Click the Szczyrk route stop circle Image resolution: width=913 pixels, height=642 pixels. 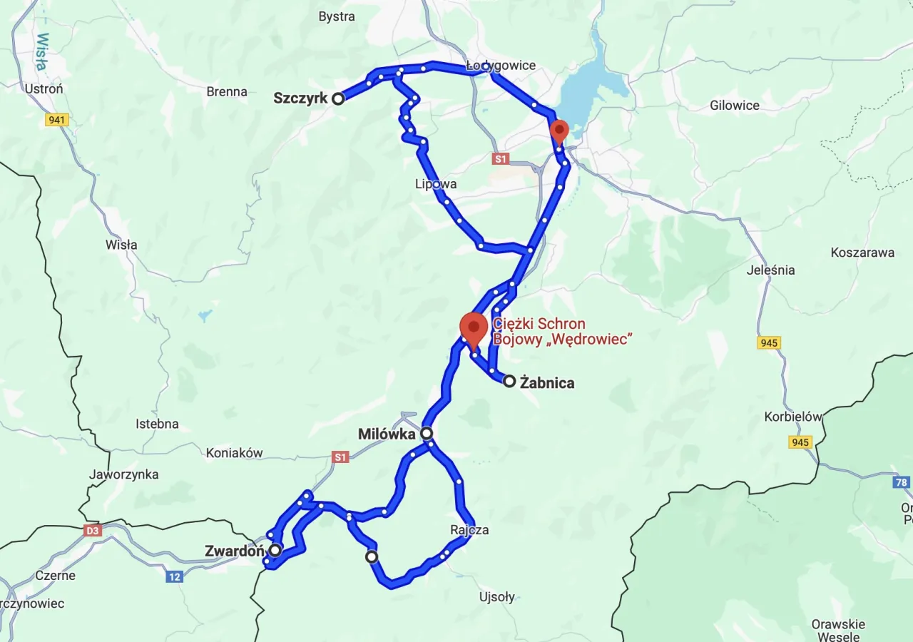pyautogui.click(x=338, y=98)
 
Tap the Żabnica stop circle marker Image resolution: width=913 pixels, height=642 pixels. pyautogui.click(x=509, y=381)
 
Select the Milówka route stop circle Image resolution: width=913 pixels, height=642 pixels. pyautogui.click(x=427, y=433)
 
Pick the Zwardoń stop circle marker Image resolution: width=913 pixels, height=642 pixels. pyautogui.click(x=275, y=550)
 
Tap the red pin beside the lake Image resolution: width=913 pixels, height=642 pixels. pyautogui.click(x=559, y=131)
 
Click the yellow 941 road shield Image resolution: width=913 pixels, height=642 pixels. pyautogui.click(x=56, y=120)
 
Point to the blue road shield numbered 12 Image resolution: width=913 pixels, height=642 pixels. pyautogui.click(x=175, y=576)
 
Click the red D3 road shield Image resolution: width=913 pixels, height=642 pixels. pyautogui.click(x=93, y=530)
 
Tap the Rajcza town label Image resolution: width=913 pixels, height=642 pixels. pyautogui.click(x=469, y=530)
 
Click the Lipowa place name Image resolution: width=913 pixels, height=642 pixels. pyautogui.click(x=436, y=184)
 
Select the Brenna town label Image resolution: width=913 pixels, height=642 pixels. pyautogui.click(x=227, y=91)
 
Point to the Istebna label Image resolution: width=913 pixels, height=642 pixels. pyautogui.click(x=157, y=424)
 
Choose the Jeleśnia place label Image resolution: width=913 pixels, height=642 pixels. pyautogui.click(x=770, y=270)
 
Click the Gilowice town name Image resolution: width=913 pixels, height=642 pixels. pyautogui.click(x=735, y=106)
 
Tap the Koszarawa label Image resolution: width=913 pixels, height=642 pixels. pyautogui.click(x=862, y=253)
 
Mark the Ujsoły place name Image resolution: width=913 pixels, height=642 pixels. pyautogui.click(x=497, y=597)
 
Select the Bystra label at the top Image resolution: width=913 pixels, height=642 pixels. pyautogui.click(x=337, y=16)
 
